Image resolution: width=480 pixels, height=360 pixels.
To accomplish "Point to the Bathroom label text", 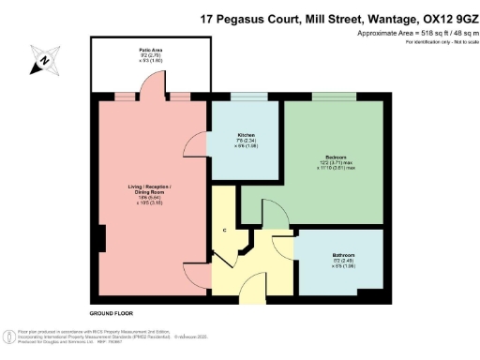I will [x=342, y=256].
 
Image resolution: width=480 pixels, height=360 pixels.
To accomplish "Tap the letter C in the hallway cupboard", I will [x=224, y=230].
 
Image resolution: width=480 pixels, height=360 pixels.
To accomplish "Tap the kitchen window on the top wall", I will [x=245, y=97].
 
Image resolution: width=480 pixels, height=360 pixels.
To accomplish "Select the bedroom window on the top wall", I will [x=334, y=97].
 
